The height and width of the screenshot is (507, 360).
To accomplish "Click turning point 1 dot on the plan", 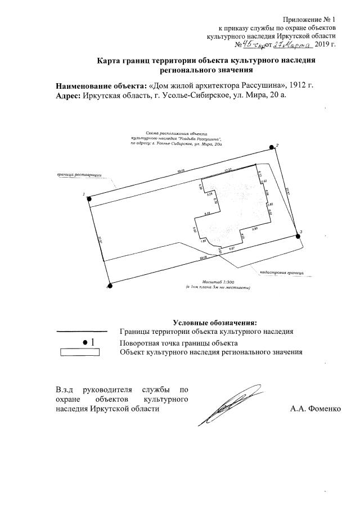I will tap(89, 197).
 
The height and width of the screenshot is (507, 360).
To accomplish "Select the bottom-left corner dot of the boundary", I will tap(110, 286).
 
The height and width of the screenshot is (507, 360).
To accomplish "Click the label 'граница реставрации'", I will tap(79, 175).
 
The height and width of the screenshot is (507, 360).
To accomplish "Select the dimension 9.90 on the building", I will tap(254, 228).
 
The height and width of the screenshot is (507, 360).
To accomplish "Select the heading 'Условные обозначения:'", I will tap(215, 323).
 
